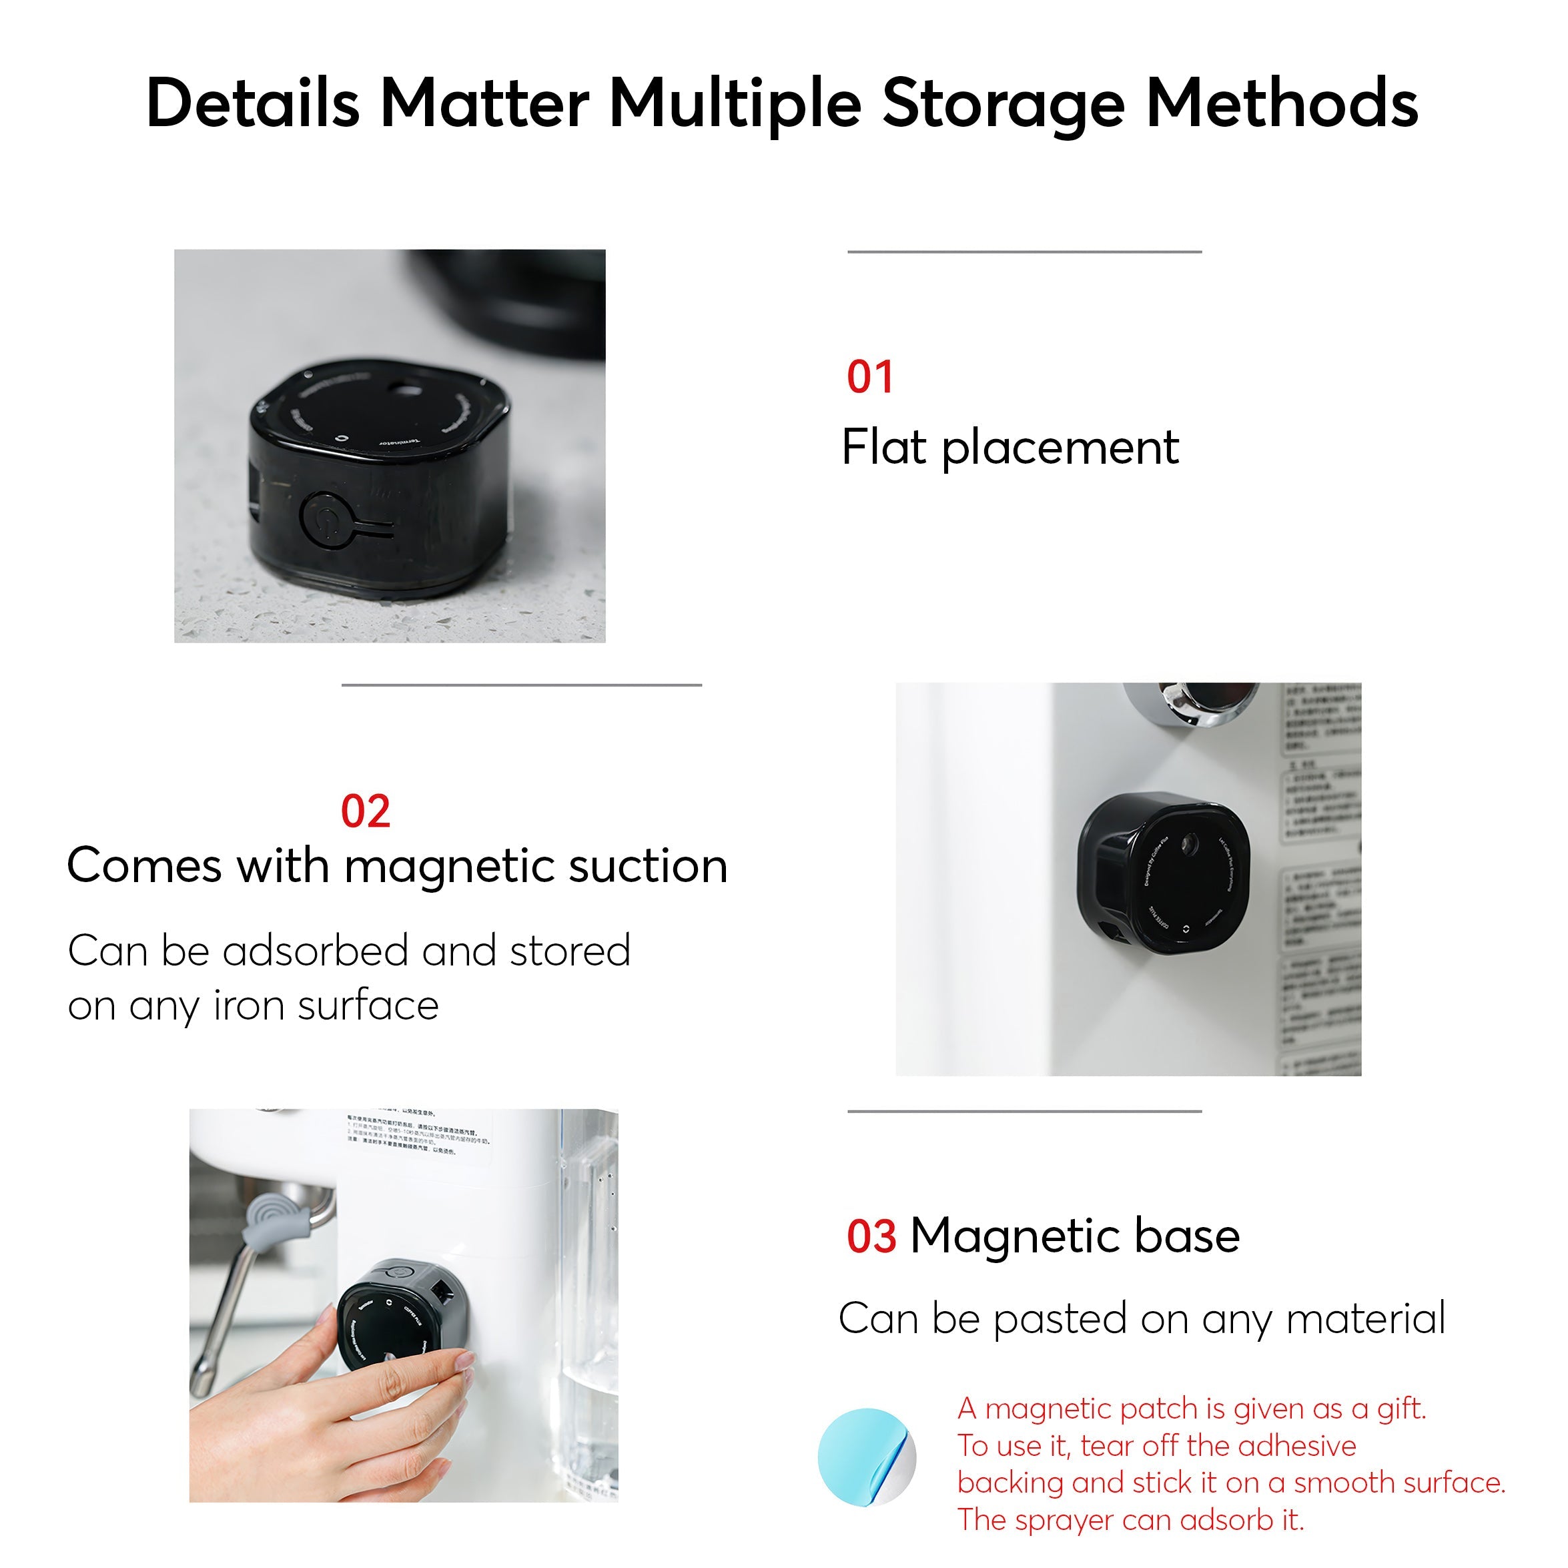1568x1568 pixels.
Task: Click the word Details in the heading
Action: pyautogui.click(x=252, y=103)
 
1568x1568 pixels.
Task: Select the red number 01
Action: pyautogui.click(x=869, y=378)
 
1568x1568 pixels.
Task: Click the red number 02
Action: pyautogui.click(x=365, y=811)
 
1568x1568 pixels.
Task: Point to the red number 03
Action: pyautogui.click(x=871, y=1237)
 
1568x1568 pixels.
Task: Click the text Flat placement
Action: pyautogui.click(x=1009, y=447)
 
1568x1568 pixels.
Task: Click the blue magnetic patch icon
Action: pyautogui.click(x=865, y=1457)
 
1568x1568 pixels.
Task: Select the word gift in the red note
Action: pyautogui.click(x=1399, y=1410)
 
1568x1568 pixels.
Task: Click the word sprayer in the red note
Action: pyautogui.click(x=1053, y=1520)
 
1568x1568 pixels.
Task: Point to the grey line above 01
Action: pyautogui.click(x=1024, y=252)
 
